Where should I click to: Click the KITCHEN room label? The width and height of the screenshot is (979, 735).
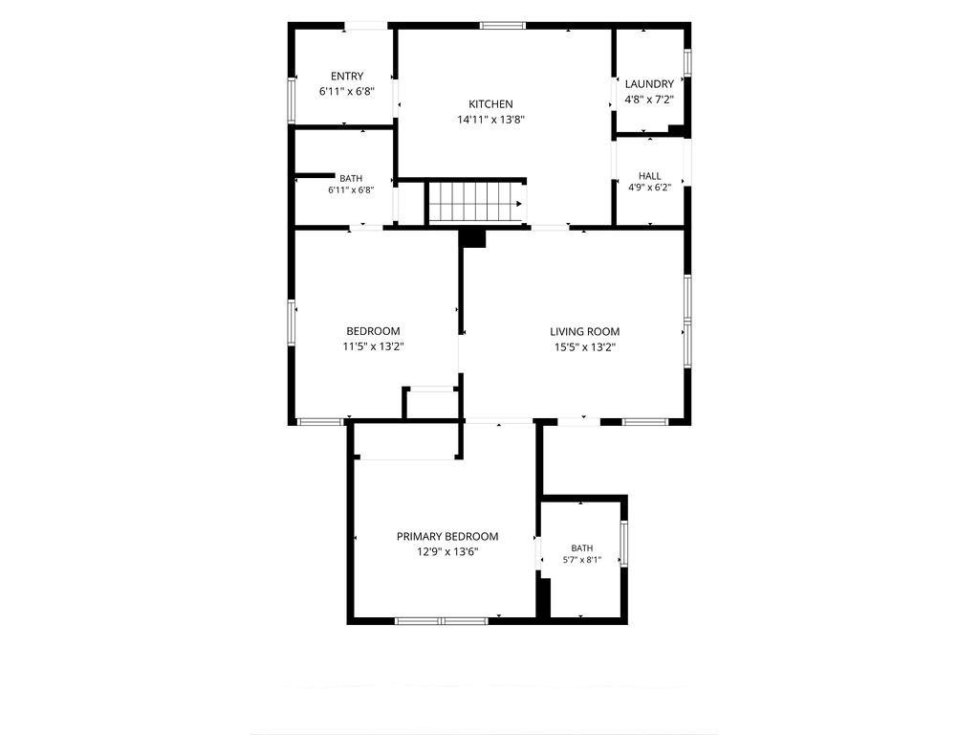point(490,104)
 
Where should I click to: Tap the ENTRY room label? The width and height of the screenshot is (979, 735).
point(346,77)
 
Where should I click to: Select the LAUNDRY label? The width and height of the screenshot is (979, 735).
point(649,84)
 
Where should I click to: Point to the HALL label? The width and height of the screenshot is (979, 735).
point(649,176)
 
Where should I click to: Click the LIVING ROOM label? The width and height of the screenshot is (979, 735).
point(584,332)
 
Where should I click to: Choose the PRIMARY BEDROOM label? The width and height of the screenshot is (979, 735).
point(447,536)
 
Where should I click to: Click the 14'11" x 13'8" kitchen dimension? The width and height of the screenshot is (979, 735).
point(490,120)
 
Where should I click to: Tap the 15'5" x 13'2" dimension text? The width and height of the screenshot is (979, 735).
point(584,347)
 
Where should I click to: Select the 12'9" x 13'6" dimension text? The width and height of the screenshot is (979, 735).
point(447,552)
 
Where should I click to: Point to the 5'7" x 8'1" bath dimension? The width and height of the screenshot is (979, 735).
point(581,560)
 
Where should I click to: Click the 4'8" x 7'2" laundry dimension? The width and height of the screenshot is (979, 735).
point(649,100)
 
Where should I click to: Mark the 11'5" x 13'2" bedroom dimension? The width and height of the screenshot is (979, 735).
point(374,346)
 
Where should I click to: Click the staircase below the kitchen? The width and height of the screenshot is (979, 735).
point(476,202)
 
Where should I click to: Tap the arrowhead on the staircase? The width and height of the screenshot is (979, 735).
point(518,204)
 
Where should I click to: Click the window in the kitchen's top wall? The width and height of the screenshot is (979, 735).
point(503,26)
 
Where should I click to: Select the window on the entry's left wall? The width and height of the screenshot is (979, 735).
point(291,100)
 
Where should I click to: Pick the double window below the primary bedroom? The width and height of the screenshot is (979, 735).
point(442,620)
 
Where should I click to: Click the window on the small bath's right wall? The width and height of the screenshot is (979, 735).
point(623,544)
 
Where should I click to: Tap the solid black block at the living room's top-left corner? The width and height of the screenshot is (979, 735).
point(472,238)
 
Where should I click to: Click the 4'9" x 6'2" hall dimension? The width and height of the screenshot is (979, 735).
point(649,187)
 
